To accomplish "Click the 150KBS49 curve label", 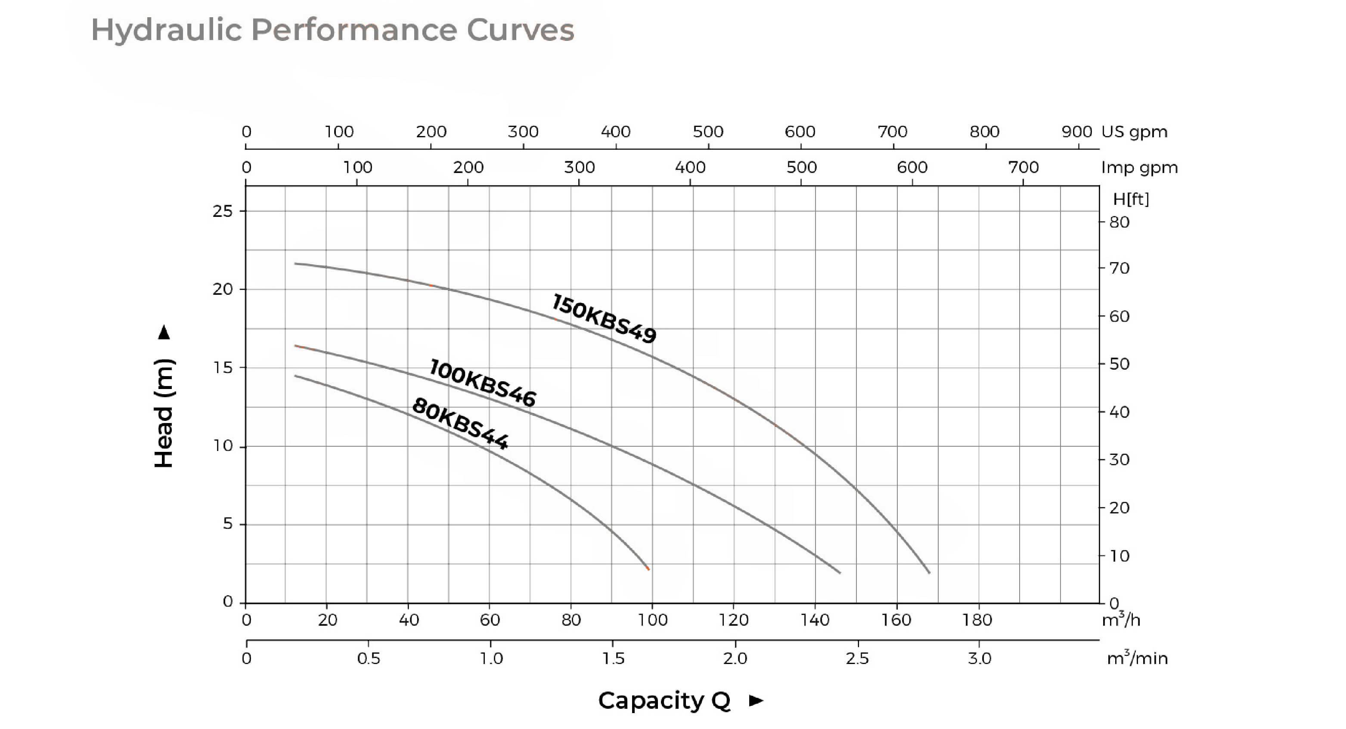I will tap(604, 318).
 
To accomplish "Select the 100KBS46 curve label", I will tap(482, 383).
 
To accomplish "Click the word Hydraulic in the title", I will tap(167, 30).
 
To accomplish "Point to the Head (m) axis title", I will tap(164, 413).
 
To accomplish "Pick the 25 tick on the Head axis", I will tap(223, 211).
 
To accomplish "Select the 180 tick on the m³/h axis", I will tap(977, 620).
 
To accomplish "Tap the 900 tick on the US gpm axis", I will tap(1077, 132).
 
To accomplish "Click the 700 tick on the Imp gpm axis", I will tap(1023, 168).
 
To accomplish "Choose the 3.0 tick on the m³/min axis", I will tap(980, 658).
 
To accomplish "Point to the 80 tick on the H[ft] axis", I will tap(1119, 222).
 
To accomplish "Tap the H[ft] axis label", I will tap(1131, 199).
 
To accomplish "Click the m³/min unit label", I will tap(1137, 658).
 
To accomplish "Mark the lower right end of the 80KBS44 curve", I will tap(648, 568).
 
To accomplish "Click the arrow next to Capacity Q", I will tap(756, 701).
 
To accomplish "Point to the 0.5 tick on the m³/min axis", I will tap(369, 658).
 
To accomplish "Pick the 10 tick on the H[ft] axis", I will tap(1119, 556).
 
